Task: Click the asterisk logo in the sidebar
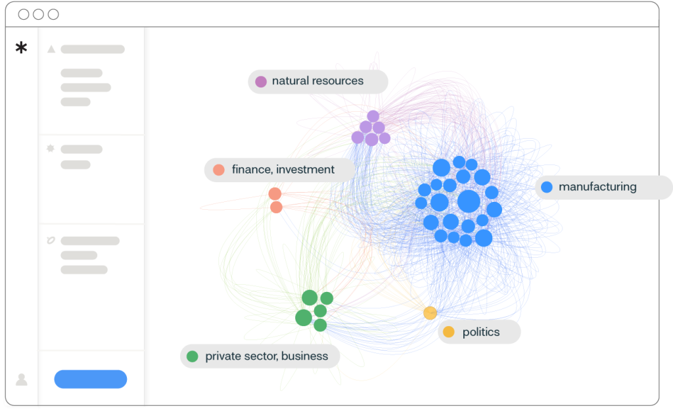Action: tap(22, 47)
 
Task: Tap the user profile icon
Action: tap(22, 379)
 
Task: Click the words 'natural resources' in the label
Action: tap(317, 81)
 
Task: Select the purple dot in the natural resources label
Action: tap(261, 82)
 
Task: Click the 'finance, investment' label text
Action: tap(283, 170)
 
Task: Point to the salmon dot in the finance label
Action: tap(219, 170)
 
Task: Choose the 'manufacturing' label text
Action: tap(597, 187)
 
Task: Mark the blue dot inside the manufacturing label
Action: tap(546, 187)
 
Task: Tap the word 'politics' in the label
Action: tap(481, 332)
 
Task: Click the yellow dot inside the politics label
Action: tap(449, 332)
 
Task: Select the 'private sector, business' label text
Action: tap(266, 356)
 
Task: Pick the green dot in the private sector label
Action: tap(193, 356)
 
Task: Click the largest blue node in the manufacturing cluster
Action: tap(469, 201)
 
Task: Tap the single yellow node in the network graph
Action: tap(430, 313)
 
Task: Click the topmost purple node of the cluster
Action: tap(373, 116)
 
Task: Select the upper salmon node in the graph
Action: tap(275, 194)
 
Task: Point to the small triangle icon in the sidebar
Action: tap(51, 49)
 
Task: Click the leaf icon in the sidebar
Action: tap(51, 241)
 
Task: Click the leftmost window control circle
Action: tap(24, 14)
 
